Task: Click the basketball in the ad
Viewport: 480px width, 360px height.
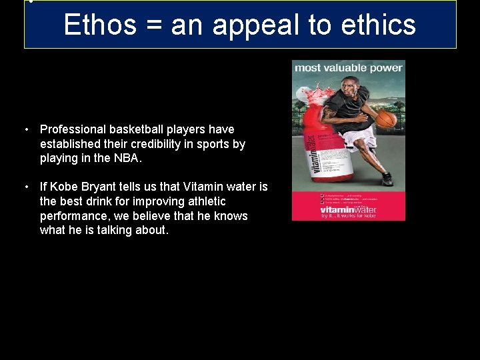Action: tap(386, 119)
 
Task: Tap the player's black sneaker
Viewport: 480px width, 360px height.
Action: tap(387, 179)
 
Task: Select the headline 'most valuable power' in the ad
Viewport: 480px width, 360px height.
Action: tap(349, 67)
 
